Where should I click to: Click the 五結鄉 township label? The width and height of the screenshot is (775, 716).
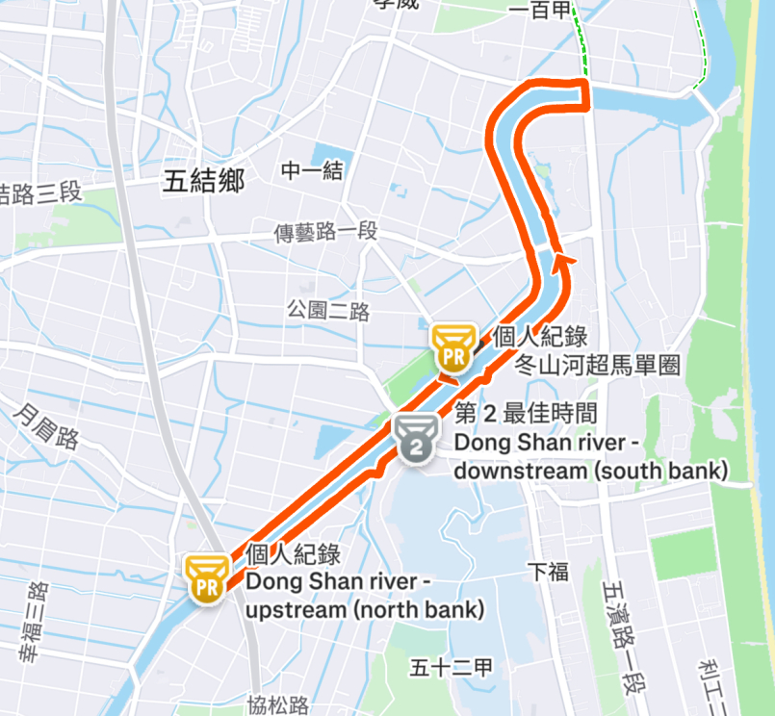(x=203, y=181)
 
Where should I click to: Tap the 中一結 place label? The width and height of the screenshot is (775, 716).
(x=312, y=171)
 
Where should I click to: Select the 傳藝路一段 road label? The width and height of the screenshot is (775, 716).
(x=326, y=232)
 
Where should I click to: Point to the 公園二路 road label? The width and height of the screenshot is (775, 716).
(x=328, y=311)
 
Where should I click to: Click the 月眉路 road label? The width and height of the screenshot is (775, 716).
(x=46, y=424)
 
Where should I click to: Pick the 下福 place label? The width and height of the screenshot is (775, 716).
(x=549, y=572)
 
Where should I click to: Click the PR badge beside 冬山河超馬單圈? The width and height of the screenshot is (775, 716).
(x=452, y=347)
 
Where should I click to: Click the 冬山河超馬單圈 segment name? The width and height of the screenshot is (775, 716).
(x=598, y=365)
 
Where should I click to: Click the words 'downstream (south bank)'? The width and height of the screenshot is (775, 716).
(x=590, y=471)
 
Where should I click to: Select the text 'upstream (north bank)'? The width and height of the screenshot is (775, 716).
(x=365, y=610)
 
